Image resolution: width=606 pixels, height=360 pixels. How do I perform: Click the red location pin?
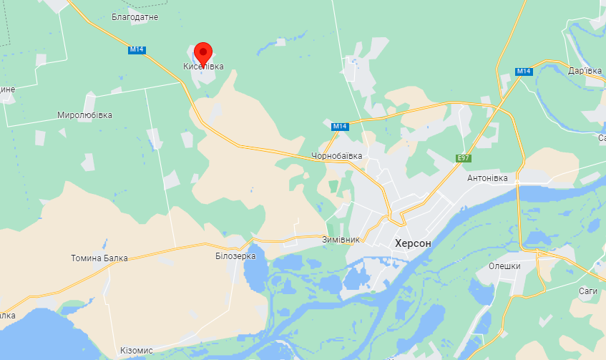204,52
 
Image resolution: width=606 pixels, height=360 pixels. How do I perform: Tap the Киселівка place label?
203,67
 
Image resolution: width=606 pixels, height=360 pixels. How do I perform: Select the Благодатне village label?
135,16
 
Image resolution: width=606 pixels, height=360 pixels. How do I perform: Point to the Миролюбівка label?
84,115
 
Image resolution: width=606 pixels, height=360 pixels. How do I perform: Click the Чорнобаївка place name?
336,156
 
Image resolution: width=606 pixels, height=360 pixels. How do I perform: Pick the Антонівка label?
487,177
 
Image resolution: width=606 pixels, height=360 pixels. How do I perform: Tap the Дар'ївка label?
585,71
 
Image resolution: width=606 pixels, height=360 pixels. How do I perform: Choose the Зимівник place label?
341,240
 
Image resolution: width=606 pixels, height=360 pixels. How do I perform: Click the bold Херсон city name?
413,243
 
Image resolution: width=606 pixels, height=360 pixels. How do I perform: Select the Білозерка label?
235,256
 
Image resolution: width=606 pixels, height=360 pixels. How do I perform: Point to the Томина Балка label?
99,258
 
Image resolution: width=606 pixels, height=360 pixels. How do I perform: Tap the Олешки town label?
504,266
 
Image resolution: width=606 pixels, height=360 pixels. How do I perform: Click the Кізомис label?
137,351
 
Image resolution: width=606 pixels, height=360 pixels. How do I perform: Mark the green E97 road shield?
464,157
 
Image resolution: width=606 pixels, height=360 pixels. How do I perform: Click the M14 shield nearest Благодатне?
137,49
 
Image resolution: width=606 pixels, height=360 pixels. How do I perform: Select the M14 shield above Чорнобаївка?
340,127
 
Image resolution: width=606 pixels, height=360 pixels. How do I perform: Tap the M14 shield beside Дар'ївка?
523,71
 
